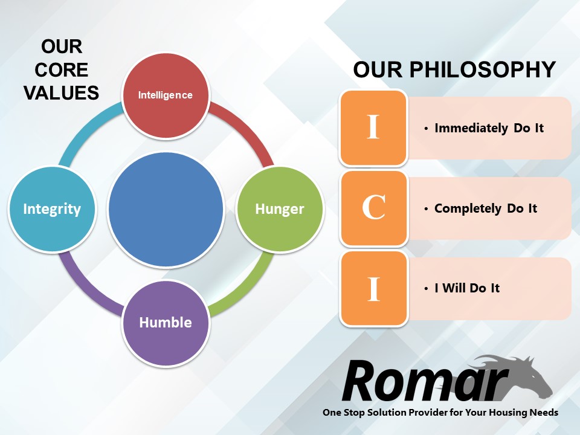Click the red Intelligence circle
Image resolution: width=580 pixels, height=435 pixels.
166,95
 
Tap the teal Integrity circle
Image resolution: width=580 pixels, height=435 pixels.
52,209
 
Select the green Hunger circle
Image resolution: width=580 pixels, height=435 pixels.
280,209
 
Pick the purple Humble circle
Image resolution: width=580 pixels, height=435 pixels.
166,323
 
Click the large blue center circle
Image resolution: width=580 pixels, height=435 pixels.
166,209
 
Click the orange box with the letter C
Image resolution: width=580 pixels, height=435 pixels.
373,208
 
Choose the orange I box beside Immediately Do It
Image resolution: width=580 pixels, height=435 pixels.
373,128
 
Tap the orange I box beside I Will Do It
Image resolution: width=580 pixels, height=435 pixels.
373,289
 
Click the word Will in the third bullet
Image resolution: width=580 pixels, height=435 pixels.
454,288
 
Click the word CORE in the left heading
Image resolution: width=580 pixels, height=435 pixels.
62,70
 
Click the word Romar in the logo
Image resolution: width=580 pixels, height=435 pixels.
425,381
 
